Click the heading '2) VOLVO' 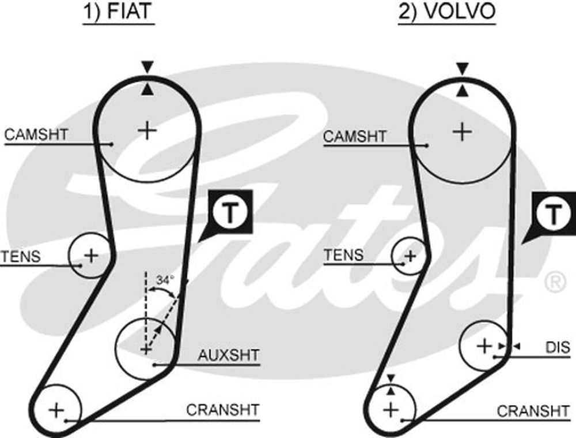(x=446, y=13)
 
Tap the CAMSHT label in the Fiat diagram (x=36, y=134)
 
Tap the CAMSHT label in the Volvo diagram (x=355, y=137)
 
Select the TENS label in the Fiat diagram (x=21, y=256)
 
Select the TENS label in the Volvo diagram (x=344, y=254)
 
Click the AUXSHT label (x=229, y=354)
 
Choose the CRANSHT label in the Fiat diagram (x=223, y=410)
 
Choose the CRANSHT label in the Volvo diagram (x=533, y=411)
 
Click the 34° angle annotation (x=165, y=280)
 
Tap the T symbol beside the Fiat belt (x=230, y=214)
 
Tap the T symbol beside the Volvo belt (x=552, y=215)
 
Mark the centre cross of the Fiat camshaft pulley (x=147, y=130)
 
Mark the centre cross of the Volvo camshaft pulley (x=461, y=132)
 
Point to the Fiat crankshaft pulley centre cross (x=56, y=410)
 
